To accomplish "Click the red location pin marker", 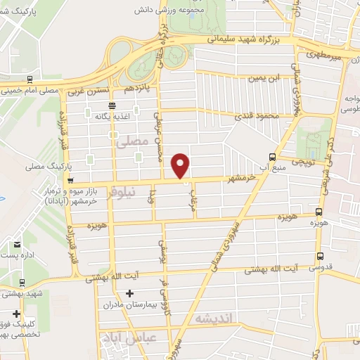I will (x=181, y=165).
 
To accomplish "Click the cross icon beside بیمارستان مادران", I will (x=129, y=292).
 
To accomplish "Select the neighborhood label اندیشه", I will (x=213, y=319).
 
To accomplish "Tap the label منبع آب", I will (x=274, y=167).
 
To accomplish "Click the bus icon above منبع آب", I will (x=273, y=156).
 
